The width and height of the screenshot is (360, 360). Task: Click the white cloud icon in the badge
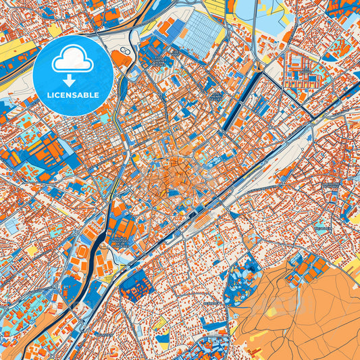click(72, 61)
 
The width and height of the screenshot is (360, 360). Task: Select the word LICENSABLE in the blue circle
click(72, 95)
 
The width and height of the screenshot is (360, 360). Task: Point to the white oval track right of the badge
click(126, 53)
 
